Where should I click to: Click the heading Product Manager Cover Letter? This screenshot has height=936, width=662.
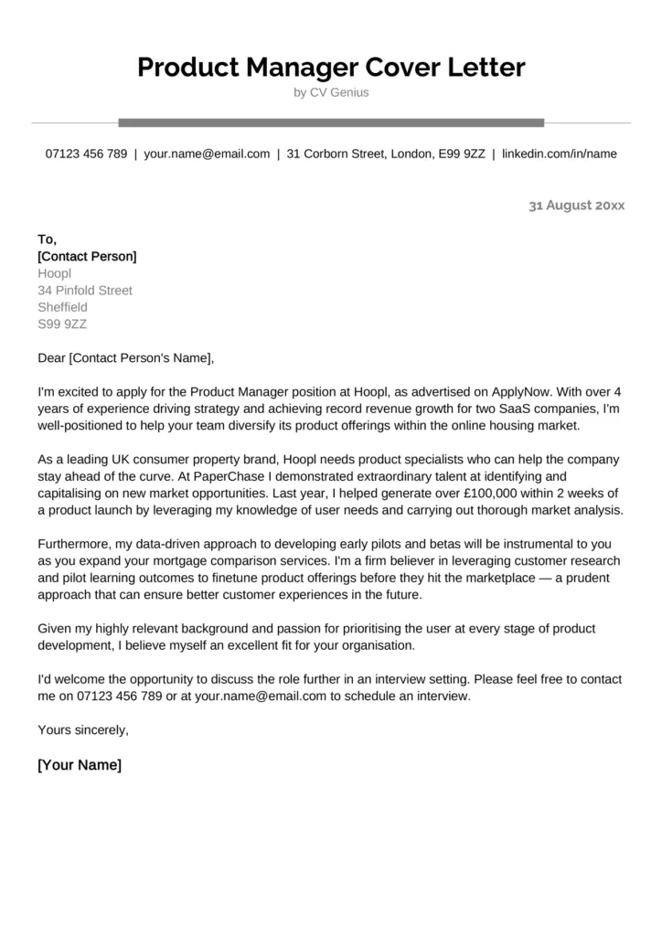pos(331,67)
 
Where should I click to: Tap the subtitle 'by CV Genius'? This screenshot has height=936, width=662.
pos(331,92)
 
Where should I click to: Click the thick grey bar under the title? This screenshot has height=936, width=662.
pos(331,122)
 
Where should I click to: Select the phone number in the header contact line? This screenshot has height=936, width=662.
pos(86,154)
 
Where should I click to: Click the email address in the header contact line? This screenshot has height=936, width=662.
pos(207,154)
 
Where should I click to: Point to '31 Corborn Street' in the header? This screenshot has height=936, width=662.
pos(336,154)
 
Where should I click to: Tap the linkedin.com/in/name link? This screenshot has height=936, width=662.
pos(559,154)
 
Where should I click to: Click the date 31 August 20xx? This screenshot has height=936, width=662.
pos(576,206)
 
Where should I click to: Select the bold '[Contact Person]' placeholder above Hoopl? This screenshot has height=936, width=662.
pos(87,256)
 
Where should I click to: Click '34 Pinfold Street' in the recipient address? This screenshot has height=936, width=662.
pos(85,290)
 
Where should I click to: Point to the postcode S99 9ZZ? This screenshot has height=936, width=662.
pos(62,324)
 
